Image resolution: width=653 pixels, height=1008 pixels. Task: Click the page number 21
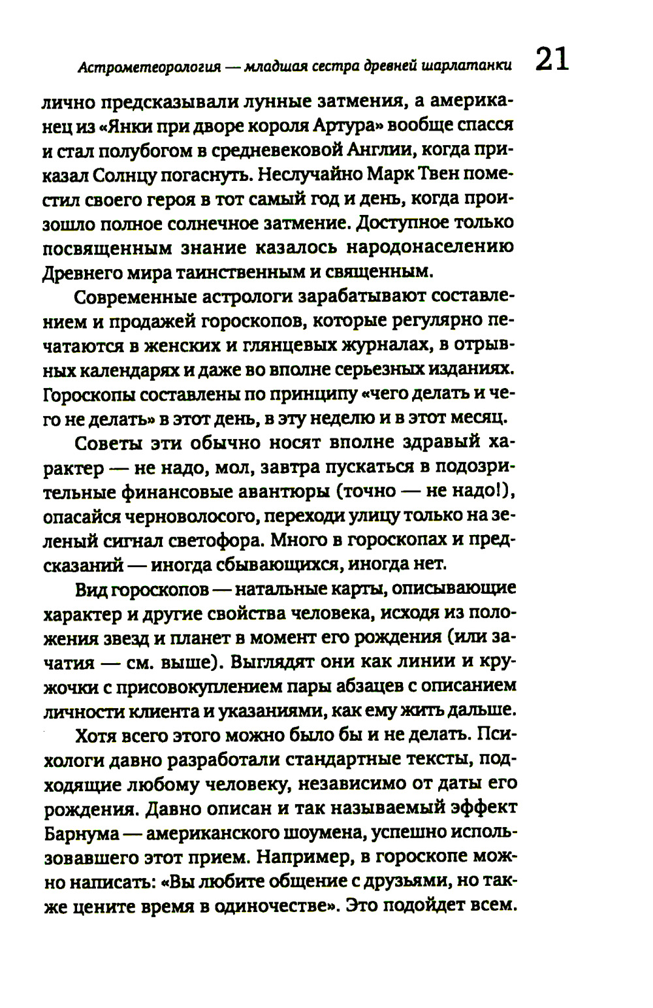(552, 59)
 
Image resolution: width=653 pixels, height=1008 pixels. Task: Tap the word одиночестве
(277, 907)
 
